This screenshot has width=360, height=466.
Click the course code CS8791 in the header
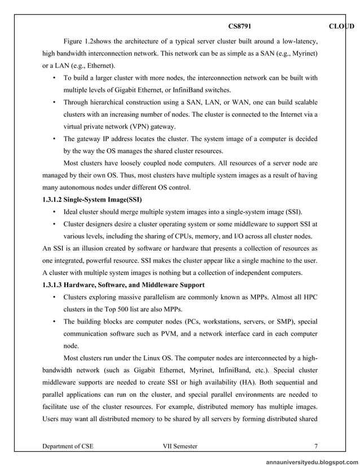point(239,27)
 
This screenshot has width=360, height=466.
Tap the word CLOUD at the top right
point(341,27)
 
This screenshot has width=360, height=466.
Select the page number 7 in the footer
point(316,446)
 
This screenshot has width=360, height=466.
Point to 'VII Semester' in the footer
point(180,446)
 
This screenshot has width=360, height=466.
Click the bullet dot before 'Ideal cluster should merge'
point(54,212)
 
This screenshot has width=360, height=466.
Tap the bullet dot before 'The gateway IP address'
point(54,139)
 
